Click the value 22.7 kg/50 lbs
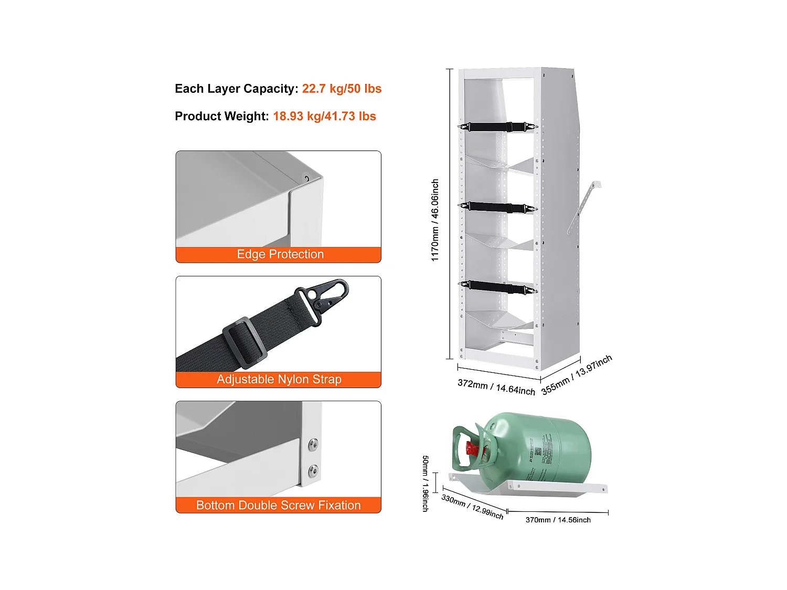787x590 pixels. pos(342,89)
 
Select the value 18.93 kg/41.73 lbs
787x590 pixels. pos(324,116)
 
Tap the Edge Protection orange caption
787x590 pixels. pos(280,254)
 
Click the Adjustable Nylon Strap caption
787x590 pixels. pos(279,379)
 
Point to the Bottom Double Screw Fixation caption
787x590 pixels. pos(278,505)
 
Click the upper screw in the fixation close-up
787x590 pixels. pos(313,445)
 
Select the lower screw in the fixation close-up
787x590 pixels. pos(313,471)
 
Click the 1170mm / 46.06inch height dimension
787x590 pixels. pos(435,220)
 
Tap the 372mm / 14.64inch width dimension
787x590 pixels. pos(496,387)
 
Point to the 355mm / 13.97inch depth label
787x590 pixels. pos(577,374)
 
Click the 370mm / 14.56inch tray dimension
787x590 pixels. pos(558,520)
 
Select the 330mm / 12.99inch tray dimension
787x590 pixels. pos(472,507)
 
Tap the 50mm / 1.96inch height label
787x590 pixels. pos(426,483)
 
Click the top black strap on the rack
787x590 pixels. pos(497,127)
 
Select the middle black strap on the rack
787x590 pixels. pos(497,207)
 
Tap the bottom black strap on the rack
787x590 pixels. pos(497,287)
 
